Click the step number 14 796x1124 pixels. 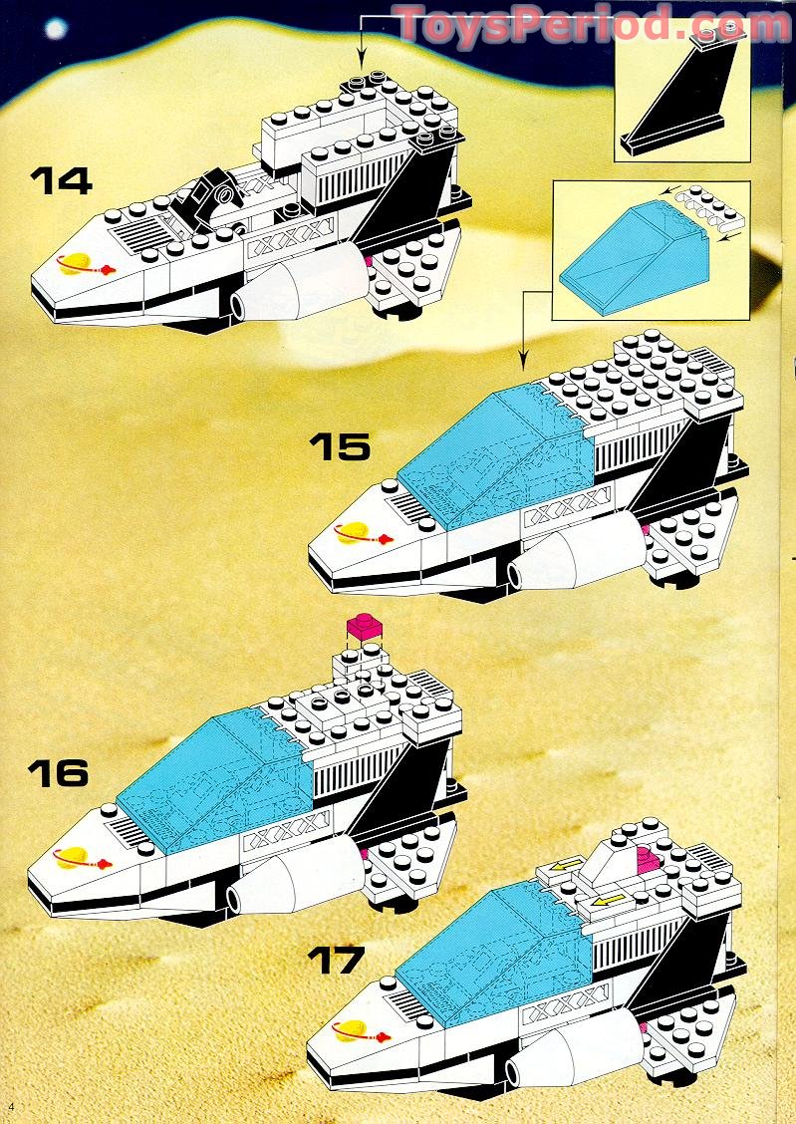click(61, 180)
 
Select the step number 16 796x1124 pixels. click(58, 772)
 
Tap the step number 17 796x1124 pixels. click(337, 962)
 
